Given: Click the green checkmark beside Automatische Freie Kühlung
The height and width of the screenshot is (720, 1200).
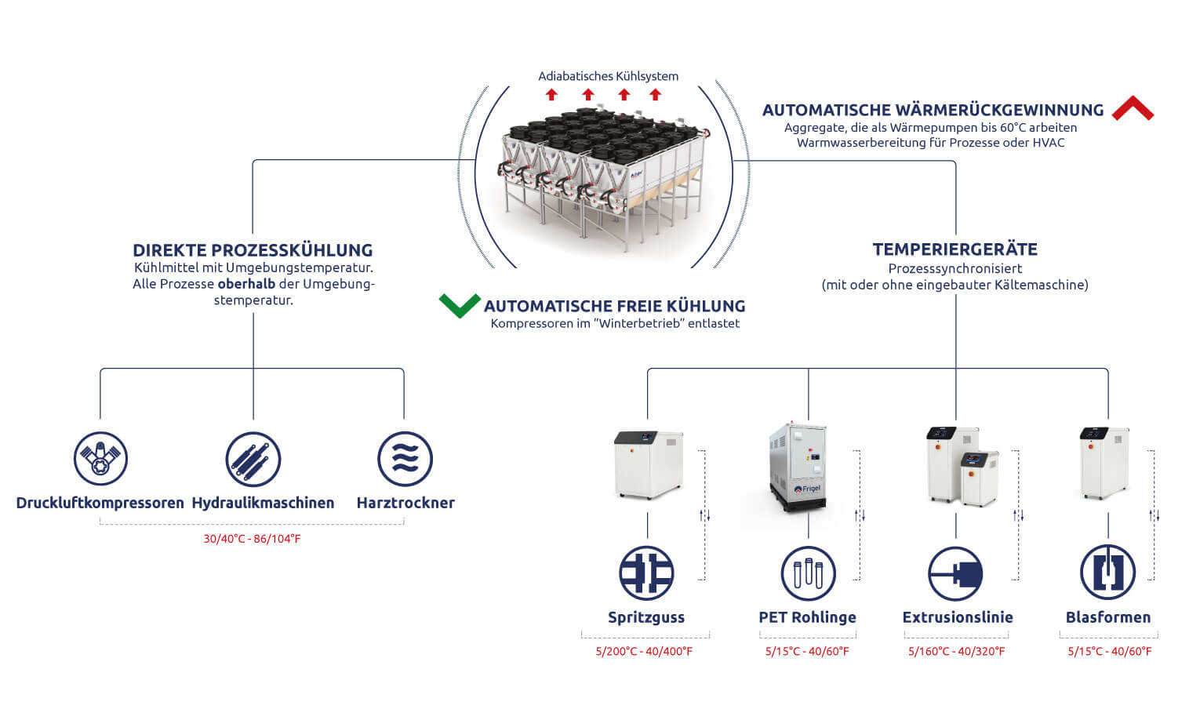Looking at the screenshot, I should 460,305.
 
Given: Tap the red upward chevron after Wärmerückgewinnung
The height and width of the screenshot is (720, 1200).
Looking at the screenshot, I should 1132,109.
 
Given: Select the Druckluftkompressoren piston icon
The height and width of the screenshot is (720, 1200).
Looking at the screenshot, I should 100,459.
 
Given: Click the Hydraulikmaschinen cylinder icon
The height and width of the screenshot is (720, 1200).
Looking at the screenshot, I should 253,459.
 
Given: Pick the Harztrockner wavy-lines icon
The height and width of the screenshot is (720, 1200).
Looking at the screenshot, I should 405,459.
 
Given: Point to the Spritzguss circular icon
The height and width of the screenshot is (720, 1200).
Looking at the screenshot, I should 646,573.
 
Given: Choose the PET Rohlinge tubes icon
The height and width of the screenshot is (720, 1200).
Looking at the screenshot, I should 808,573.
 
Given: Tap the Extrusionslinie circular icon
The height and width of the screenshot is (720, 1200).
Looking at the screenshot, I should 955,573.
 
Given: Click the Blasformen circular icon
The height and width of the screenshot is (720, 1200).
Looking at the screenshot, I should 1107,573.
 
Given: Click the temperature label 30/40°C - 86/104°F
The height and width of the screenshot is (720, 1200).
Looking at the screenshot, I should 252,539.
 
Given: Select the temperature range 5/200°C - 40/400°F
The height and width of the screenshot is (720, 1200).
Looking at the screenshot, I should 644,651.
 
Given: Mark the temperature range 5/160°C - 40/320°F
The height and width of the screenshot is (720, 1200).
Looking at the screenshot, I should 956,651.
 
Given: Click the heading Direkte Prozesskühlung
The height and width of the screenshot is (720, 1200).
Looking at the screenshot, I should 253,250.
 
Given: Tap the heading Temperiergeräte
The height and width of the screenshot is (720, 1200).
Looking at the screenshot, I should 955,249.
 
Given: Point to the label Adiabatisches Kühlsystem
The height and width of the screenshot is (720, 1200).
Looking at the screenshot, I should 608,76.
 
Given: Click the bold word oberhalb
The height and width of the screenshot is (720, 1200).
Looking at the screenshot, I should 246,284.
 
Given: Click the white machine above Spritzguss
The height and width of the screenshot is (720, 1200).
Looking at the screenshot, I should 648,464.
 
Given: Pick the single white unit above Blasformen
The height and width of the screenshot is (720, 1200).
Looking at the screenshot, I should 1104,463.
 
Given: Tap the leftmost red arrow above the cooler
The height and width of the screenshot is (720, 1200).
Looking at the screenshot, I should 551,95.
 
